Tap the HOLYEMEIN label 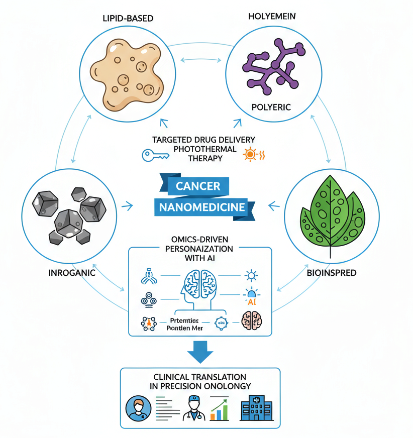click(x=272, y=17)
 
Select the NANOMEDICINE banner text click(x=202, y=207)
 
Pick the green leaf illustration click(x=332, y=211)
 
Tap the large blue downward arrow click(x=200, y=352)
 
